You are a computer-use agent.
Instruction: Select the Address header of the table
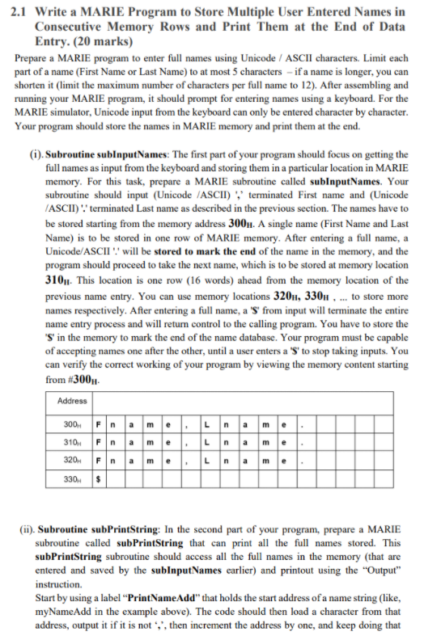coord(74,402)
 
